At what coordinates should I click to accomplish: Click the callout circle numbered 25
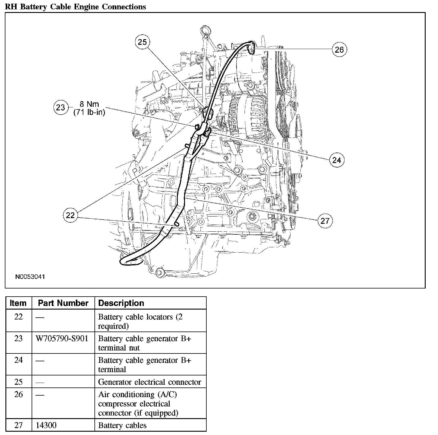[x=142, y=42]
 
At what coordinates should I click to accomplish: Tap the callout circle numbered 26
[x=339, y=49]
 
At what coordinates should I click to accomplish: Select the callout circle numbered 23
[x=60, y=107]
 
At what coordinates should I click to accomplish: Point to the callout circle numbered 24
[x=337, y=160]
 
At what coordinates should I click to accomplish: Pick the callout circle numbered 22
[x=70, y=215]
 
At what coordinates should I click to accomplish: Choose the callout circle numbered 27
[x=325, y=221]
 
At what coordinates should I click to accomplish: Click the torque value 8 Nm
[x=89, y=104]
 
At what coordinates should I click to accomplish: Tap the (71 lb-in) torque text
[x=89, y=113]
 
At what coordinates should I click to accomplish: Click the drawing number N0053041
[x=30, y=276]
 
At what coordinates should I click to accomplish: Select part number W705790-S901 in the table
[x=62, y=339]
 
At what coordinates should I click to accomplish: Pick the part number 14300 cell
[x=46, y=425]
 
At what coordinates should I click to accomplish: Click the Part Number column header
[x=63, y=303]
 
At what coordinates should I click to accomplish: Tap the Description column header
[x=121, y=303]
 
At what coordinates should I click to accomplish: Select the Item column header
[x=18, y=303]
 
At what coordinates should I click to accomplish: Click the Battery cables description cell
[x=122, y=425]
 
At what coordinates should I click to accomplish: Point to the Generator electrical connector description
[x=150, y=382]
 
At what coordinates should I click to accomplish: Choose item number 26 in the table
[x=18, y=394]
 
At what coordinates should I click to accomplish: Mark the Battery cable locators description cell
[x=140, y=321]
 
